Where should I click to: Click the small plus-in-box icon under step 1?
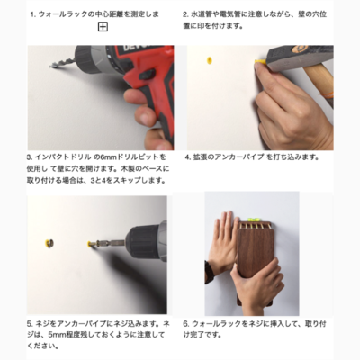[x=103, y=27]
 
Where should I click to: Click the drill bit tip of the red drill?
[x=50, y=66]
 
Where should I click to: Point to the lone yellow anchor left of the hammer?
[x=210, y=60]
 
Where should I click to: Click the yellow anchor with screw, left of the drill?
[x=49, y=244]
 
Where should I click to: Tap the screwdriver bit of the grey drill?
[x=111, y=242]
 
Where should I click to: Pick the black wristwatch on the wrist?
[x=208, y=272]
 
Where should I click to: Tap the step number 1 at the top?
[x=33, y=14]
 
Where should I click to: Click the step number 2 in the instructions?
[x=185, y=14]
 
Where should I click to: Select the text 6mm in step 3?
[x=107, y=157]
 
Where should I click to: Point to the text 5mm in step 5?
[x=55, y=335]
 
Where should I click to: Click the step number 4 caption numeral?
[x=187, y=157]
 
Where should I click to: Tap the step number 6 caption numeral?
[x=185, y=324]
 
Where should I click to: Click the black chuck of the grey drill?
[x=144, y=242]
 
